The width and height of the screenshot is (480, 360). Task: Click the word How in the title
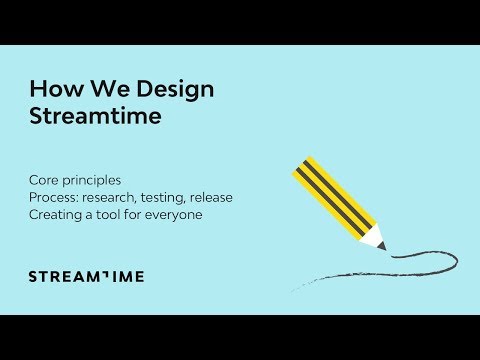click(51, 89)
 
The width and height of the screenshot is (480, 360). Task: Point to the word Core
click(44, 180)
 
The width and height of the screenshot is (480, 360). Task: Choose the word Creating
click(54, 214)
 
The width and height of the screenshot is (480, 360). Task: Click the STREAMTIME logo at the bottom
click(86, 276)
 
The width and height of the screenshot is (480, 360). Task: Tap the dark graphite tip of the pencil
click(381, 246)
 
